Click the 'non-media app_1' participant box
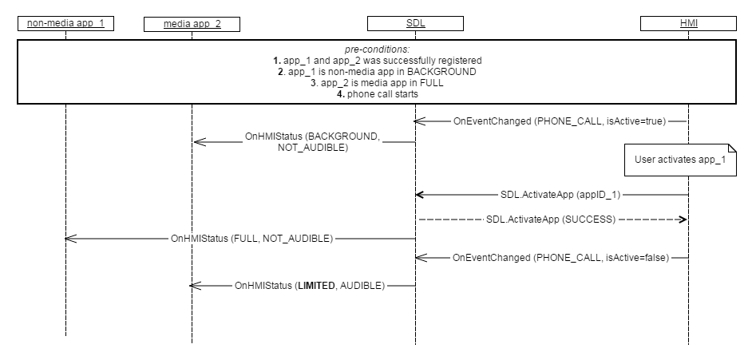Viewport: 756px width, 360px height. pyautogui.click(x=65, y=23)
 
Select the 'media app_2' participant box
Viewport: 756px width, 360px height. pyautogui.click(x=192, y=24)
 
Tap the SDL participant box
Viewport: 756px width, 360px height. pyautogui.click(x=415, y=23)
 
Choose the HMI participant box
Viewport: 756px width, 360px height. pyautogui.click(x=688, y=23)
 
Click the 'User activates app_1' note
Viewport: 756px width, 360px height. pyautogui.click(x=680, y=159)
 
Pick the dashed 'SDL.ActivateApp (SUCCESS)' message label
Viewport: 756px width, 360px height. pyautogui.click(x=551, y=218)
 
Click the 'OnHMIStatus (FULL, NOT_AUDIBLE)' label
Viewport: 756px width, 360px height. pyautogui.click(x=251, y=238)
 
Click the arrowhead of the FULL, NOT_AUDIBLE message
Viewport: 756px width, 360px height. pyautogui.click(x=69, y=238)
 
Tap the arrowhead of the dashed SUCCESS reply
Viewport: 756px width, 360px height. pyautogui.click(x=683, y=218)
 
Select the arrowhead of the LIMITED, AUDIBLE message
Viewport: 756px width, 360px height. pyautogui.click(x=197, y=285)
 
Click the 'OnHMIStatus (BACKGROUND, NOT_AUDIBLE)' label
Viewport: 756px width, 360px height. pyautogui.click(x=312, y=142)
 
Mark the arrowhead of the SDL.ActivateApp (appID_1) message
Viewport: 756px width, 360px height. pyautogui.click(x=420, y=194)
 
